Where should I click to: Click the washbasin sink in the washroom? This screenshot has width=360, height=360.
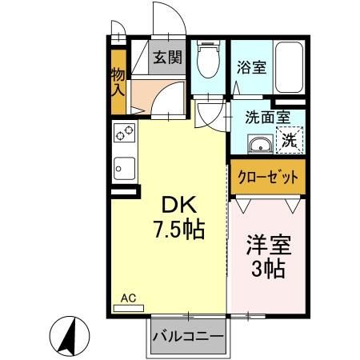(261, 144)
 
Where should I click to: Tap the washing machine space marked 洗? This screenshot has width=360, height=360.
(290, 140)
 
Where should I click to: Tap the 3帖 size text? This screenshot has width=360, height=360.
(269, 270)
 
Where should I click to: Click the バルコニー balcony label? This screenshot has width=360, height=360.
(188, 336)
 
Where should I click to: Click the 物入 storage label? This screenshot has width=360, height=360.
(118, 81)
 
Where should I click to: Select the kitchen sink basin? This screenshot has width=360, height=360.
(125, 168)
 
